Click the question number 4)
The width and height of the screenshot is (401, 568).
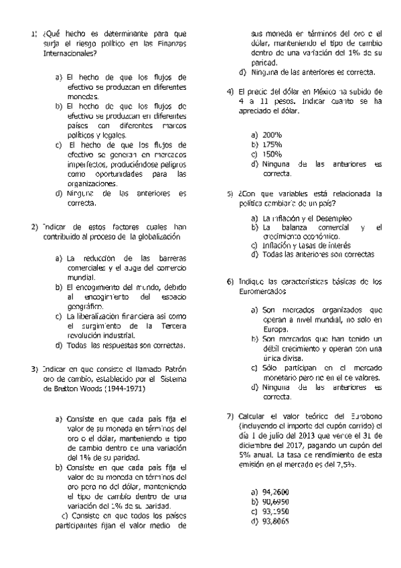tap(230, 91)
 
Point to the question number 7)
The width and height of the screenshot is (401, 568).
tap(230, 415)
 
